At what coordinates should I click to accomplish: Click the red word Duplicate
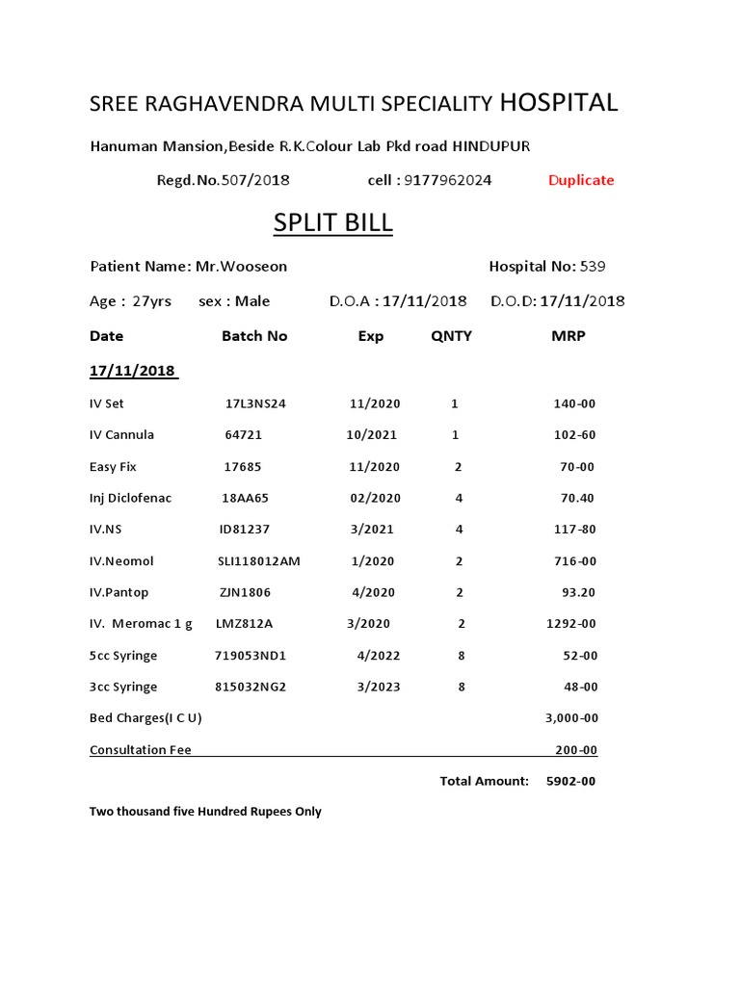581,180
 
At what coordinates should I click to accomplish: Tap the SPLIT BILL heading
332,222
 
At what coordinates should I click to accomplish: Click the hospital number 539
593,267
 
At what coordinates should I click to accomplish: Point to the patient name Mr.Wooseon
241,267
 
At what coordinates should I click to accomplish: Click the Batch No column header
254,336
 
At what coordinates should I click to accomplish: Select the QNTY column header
451,336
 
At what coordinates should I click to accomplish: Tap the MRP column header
568,336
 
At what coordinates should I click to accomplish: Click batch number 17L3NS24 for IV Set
255,403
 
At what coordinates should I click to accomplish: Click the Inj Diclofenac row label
130,498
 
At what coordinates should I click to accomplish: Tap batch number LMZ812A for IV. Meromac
245,624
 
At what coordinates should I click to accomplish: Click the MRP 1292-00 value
571,624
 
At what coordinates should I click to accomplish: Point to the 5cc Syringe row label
123,656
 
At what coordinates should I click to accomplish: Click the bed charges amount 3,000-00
571,718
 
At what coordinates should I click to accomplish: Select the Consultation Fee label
141,750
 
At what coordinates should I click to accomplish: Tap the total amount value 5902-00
570,781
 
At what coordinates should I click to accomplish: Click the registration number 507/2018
255,180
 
